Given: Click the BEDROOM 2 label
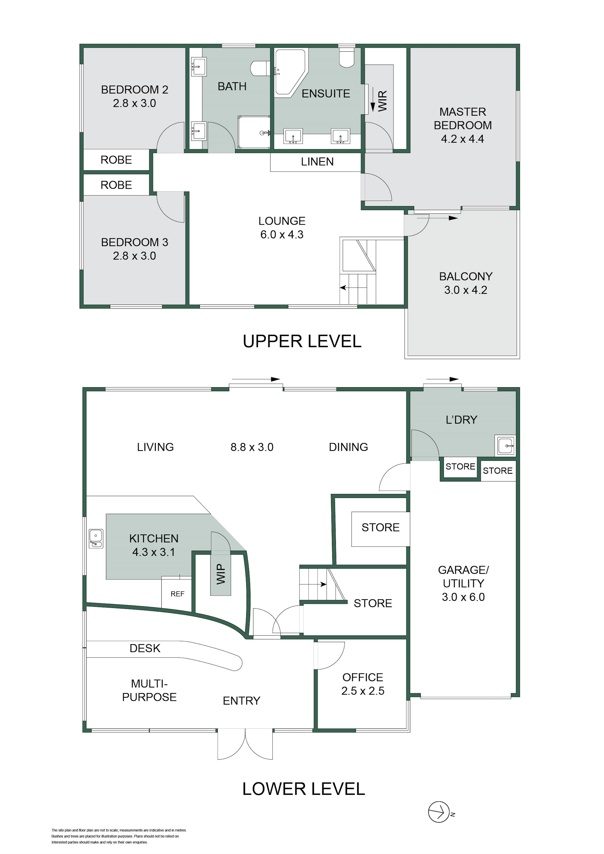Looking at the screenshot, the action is pyautogui.click(x=134, y=90).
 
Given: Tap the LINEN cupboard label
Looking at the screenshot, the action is pyautogui.click(x=317, y=162).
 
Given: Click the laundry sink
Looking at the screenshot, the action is pyautogui.click(x=505, y=445).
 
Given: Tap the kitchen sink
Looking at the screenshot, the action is pyautogui.click(x=96, y=538).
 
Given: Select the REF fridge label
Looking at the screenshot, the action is pyautogui.click(x=177, y=594).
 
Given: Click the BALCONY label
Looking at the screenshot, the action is pyautogui.click(x=466, y=276).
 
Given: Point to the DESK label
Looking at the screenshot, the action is pyautogui.click(x=145, y=648).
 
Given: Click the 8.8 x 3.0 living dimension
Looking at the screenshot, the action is pyautogui.click(x=252, y=447).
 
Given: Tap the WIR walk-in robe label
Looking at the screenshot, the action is pyautogui.click(x=383, y=101).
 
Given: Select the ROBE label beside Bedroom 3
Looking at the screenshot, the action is pyautogui.click(x=116, y=185).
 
